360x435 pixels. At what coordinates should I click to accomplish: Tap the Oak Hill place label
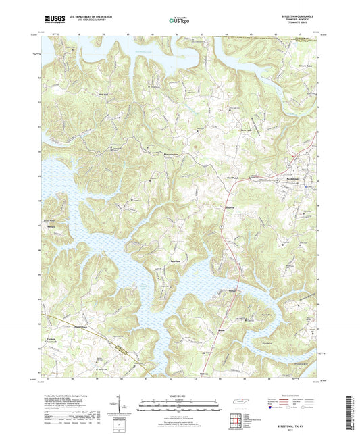click(103, 94)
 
